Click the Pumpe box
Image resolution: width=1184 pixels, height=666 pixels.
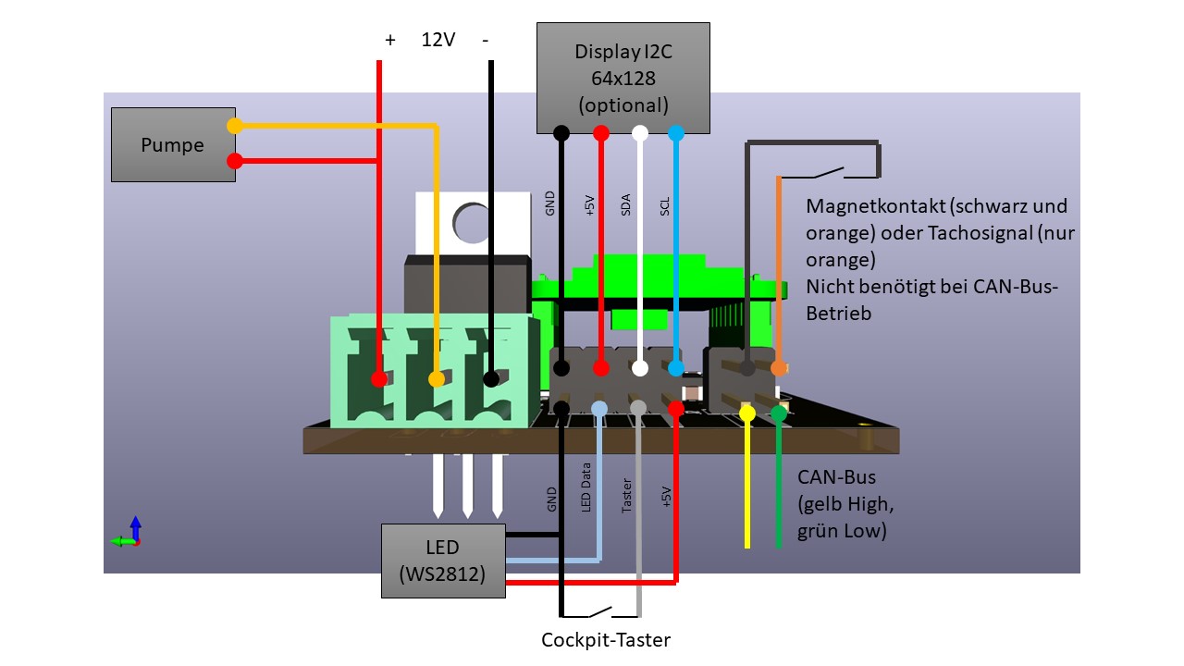click(172, 144)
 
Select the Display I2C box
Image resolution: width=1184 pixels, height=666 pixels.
click(623, 79)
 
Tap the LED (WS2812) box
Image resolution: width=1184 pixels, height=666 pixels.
click(444, 561)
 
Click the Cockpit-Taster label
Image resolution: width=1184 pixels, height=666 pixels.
click(605, 640)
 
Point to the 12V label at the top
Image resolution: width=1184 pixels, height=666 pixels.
click(438, 41)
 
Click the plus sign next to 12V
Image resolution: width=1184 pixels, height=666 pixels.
click(389, 41)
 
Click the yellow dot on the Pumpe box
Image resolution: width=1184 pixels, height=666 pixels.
click(235, 126)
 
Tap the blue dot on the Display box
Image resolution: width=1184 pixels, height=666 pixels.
click(676, 133)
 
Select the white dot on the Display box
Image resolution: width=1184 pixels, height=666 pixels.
click(639, 133)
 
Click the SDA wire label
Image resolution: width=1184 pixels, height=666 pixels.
click(626, 204)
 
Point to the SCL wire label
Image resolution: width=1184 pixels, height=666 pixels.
click(665, 204)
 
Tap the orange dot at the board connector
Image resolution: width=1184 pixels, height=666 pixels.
click(778, 368)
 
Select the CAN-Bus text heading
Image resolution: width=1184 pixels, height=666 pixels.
click(836, 477)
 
